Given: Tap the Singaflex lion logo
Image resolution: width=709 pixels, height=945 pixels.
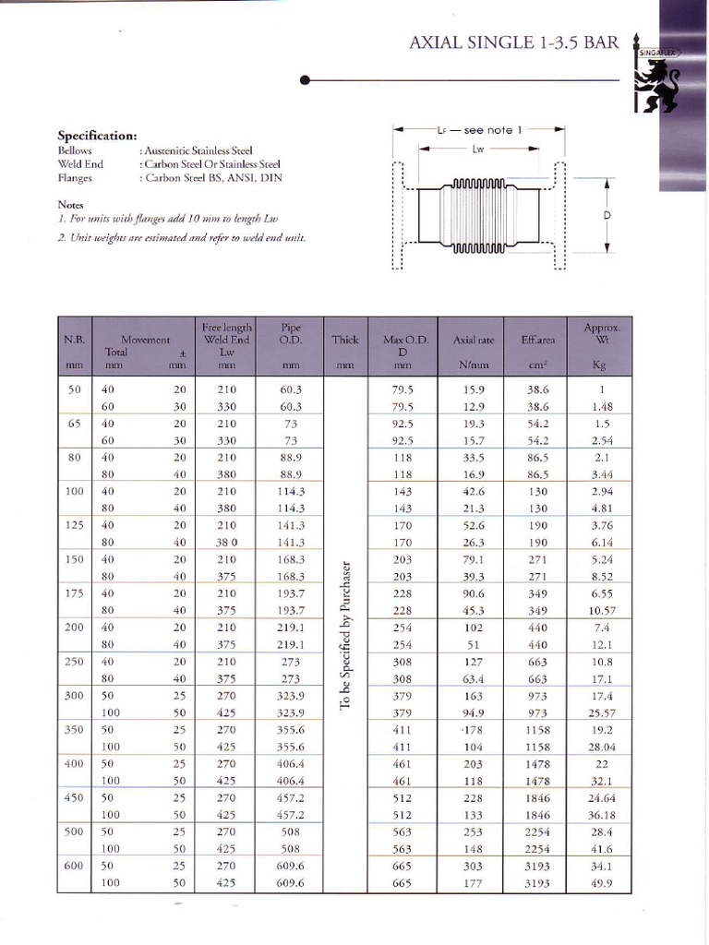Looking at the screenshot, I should tap(657, 79).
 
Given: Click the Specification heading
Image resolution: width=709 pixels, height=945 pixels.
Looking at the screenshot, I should tap(97, 136).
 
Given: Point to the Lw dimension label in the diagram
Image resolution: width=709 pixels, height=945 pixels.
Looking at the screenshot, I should tap(478, 149).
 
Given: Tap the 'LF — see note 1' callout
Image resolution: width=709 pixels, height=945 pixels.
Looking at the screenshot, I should tap(479, 130).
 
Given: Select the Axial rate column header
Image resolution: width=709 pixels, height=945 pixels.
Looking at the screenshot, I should tap(473, 341).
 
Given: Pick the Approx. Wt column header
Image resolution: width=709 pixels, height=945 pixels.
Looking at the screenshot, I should tap(602, 333).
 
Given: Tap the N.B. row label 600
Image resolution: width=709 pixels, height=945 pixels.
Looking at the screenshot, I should tap(75, 866).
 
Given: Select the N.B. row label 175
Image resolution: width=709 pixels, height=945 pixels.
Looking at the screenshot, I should tap(75, 593).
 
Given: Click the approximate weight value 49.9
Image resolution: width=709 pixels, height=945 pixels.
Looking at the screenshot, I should tap(602, 883).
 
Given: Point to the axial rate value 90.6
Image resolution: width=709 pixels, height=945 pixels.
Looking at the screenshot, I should tap(473, 593).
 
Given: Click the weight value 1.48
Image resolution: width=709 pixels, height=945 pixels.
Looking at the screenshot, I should tap(602, 406).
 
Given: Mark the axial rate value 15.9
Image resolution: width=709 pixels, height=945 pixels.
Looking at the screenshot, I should tap(473, 389).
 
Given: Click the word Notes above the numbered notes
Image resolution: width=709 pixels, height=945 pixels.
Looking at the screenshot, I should tap(70, 204).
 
